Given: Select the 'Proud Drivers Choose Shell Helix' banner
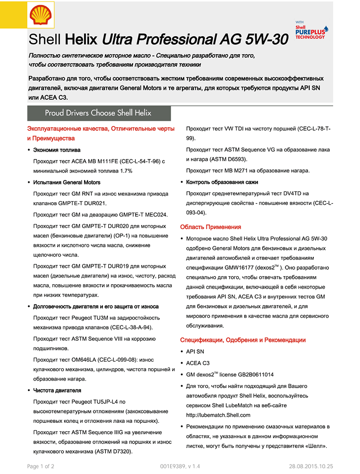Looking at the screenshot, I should pyautogui.click(x=98, y=113).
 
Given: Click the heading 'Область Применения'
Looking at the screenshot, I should pyautogui.click(x=210, y=227).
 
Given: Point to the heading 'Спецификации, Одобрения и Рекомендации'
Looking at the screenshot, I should pyautogui.click(x=243, y=340).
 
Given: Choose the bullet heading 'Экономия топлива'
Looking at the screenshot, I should pyautogui.click(x=57, y=150).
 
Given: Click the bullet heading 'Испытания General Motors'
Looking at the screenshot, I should pyautogui.click(x=67, y=182).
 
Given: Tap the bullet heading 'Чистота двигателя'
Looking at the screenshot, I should pyautogui.click(x=57, y=391).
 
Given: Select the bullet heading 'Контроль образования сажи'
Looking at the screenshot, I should pyautogui.click(x=222, y=182).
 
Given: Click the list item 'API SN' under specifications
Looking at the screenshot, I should pyautogui.click(x=195, y=351).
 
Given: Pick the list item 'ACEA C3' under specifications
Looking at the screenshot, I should pyautogui.click(x=198, y=363).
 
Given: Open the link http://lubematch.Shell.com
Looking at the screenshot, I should pyautogui.click(x=218, y=415).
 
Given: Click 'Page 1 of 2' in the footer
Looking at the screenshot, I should pyautogui.click(x=41, y=466).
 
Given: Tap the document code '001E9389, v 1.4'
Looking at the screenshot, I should pyautogui.click(x=180, y=466).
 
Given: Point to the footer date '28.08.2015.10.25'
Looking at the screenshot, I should pyautogui.click(x=311, y=466).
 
